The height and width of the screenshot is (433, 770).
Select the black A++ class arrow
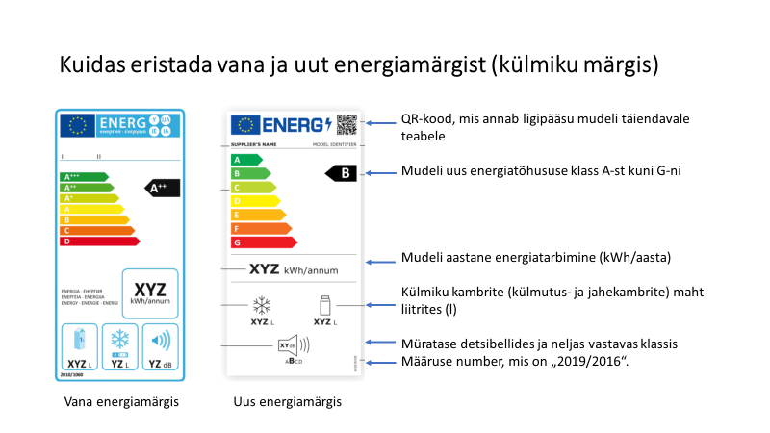click(161, 188)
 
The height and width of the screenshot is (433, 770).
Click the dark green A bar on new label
click(246, 159)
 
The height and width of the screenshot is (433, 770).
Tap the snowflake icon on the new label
click(261, 306)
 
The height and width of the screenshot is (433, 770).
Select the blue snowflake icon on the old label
click(119, 340)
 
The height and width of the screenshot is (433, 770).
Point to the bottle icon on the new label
click(324, 305)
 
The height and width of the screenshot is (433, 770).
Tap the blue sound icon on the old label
click(160, 340)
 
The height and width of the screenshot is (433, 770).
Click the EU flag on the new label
click(244, 125)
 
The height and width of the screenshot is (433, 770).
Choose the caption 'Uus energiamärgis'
click(288, 401)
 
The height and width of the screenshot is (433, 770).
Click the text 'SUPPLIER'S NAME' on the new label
click(253, 143)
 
